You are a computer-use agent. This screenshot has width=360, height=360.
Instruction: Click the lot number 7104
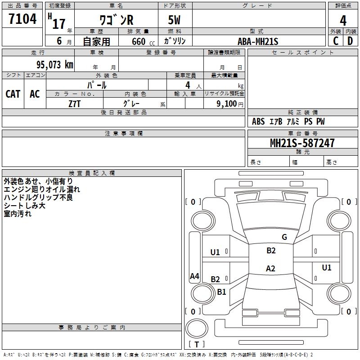pyautogui.click(x=22, y=19)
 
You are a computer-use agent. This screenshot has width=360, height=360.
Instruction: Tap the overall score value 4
pyautogui.click(x=343, y=20)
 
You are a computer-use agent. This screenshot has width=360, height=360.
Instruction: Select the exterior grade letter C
pyautogui.click(x=336, y=41)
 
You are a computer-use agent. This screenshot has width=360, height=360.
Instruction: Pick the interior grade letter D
pyautogui.click(x=350, y=41)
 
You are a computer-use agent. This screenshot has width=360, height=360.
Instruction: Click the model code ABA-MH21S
pyautogui.click(x=258, y=41)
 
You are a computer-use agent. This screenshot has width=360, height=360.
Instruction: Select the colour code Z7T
pyautogui.click(x=75, y=103)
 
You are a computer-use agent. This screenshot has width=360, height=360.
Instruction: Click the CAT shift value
pyautogui.click(x=13, y=94)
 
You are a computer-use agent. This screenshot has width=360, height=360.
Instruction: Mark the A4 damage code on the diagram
pyautogui.click(x=194, y=276)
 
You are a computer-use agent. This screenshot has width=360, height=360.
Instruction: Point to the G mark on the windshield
pyautogui.click(x=284, y=237)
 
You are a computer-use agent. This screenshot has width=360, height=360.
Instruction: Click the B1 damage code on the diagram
pyautogui.click(x=221, y=292)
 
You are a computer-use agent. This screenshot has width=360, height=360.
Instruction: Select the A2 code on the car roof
pyautogui.click(x=270, y=269)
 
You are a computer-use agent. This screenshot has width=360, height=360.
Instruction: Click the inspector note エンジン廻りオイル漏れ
pyautogui.click(x=41, y=189)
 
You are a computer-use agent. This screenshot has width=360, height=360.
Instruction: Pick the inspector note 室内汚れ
pyautogui.click(x=18, y=214)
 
